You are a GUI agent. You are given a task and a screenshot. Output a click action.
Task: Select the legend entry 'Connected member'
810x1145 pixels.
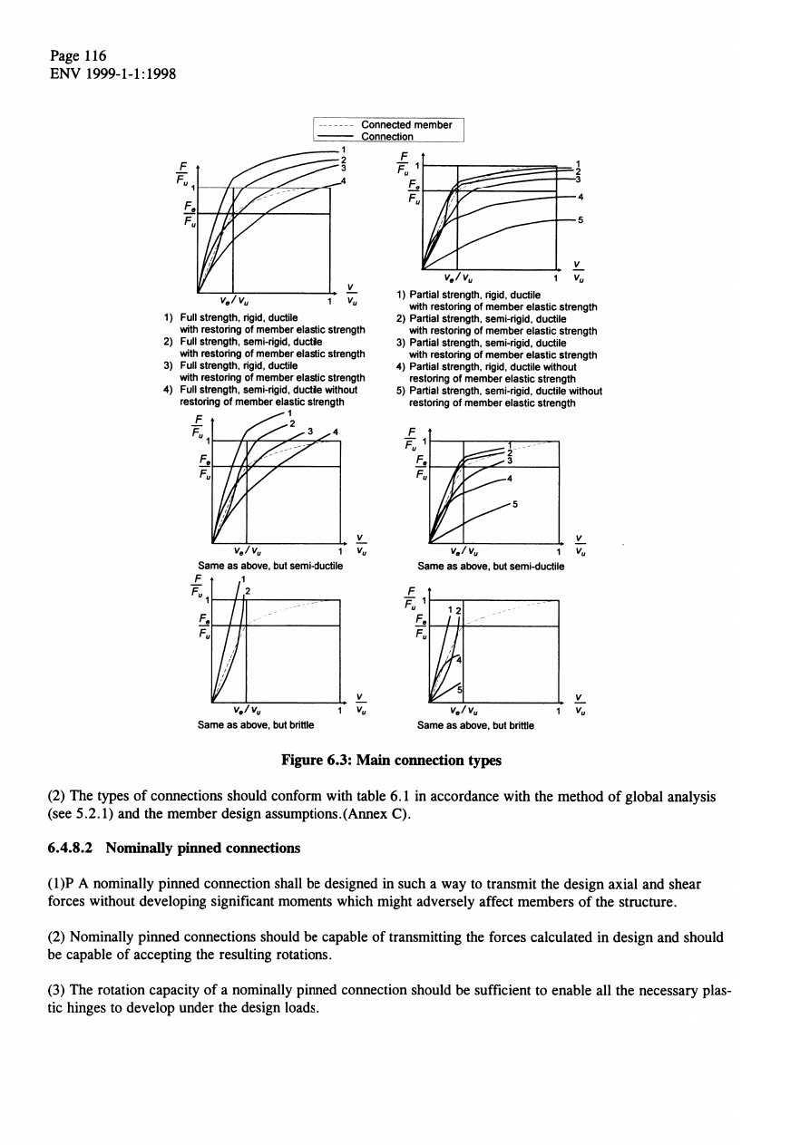tap(405, 125)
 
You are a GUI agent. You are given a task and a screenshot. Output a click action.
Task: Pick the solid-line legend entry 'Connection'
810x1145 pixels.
tap(387, 137)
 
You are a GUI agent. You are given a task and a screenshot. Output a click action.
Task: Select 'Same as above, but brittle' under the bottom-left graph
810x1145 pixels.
tap(251, 724)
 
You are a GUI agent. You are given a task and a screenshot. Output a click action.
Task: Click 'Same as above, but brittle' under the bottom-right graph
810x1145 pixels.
tap(475, 724)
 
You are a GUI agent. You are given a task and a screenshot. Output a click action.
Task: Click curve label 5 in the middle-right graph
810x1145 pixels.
tap(514, 506)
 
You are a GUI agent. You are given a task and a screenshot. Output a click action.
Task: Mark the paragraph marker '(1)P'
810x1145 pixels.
tap(61, 883)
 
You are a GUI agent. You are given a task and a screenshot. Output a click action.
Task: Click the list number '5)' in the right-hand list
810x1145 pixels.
tap(401, 392)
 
